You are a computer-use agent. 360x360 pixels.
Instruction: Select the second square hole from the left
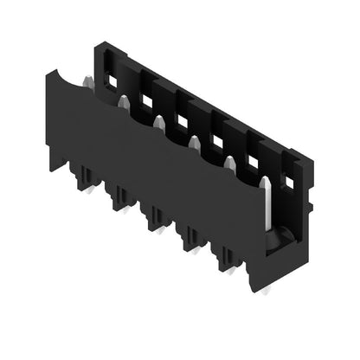tap(147, 102)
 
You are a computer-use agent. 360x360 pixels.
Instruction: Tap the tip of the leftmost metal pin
tap(87, 81)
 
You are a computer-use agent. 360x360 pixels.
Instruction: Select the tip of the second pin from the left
tap(123, 100)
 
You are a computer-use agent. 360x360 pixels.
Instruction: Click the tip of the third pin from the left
tap(158, 122)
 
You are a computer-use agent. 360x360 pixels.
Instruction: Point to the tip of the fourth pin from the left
tap(194, 139)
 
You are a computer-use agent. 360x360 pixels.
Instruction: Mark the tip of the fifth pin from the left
tap(229, 160)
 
